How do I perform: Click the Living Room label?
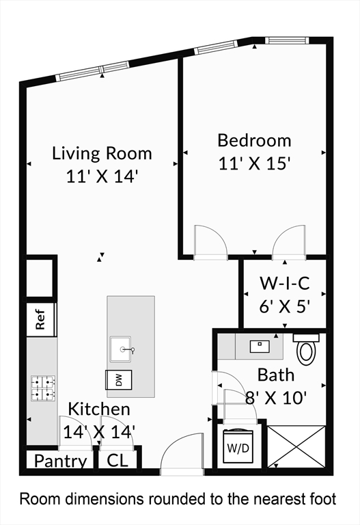click(x=102, y=153)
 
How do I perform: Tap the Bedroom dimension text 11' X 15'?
click(x=255, y=163)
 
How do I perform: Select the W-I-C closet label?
click(x=286, y=283)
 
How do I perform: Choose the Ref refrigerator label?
click(x=41, y=320)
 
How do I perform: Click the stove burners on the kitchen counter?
click(x=42, y=388)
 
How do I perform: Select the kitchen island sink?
click(x=124, y=349)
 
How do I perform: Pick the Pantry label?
click(x=60, y=461)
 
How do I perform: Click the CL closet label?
click(x=117, y=461)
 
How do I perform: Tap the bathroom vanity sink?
click(x=260, y=346)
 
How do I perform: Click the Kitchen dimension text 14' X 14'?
click(x=99, y=431)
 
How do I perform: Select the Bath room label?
click(x=276, y=375)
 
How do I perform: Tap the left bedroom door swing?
click(x=210, y=241)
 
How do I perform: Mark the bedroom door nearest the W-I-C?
click(x=288, y=242)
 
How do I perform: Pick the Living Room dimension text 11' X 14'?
click(x=102, y=176)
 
